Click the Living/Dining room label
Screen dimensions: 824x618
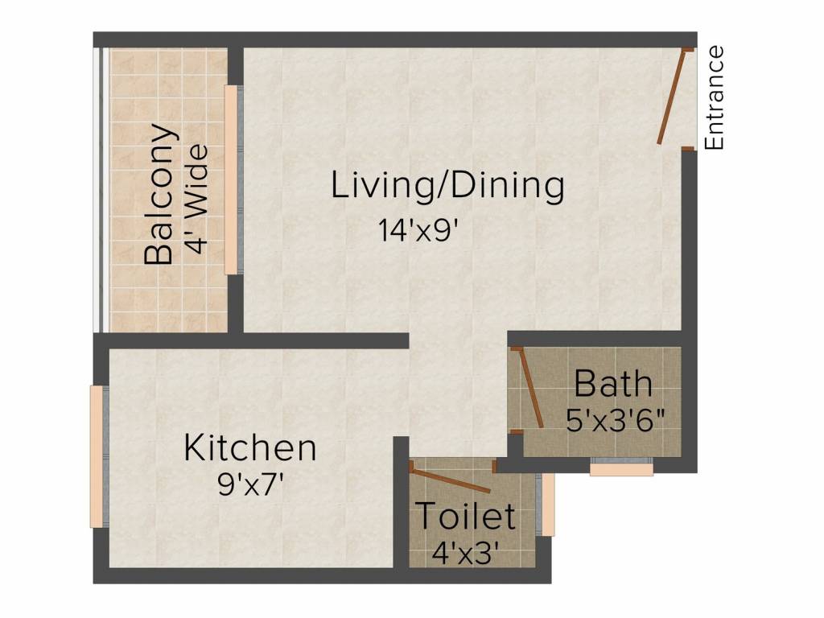tap(447, 186)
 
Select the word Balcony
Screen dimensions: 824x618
tap(159, 194)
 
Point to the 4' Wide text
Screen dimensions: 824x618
tap(198, 199)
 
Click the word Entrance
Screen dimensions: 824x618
tap(714, 97)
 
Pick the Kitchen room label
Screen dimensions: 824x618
tap(250, 448)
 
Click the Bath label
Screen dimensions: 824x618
tap(612, 384)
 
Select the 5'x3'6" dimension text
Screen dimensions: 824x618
tap(616, 420)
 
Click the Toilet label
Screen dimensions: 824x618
tap(466, 516)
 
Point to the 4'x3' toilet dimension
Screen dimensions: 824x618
tap(464, 553)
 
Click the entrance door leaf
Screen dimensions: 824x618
tap(673, 97)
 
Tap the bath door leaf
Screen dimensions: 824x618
tap(531, 387)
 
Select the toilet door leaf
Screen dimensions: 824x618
tap(451, 480)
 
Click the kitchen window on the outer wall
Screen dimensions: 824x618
tap(97, 457)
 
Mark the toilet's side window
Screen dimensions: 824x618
tap(547, 505)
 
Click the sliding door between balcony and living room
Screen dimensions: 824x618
tap(231, 179)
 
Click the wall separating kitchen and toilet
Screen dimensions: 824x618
tap(402, 502)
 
